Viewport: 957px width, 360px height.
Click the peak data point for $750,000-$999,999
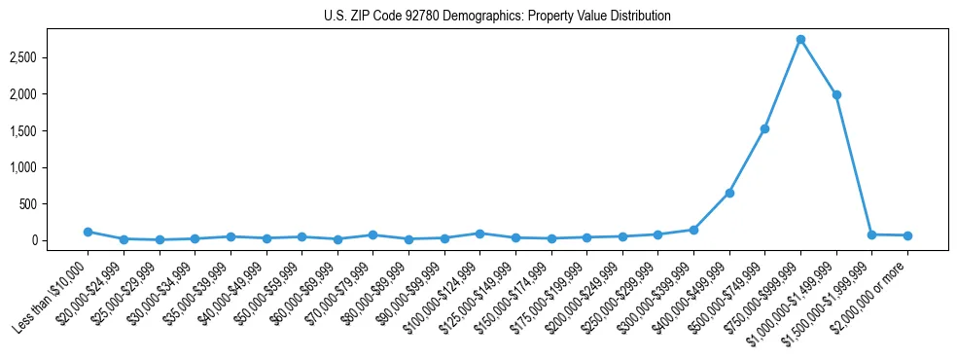point(800,40)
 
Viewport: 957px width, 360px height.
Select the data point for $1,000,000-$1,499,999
point(836,94)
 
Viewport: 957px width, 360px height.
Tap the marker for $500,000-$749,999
point(765,128)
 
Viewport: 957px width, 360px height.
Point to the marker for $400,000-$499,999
point(729,193)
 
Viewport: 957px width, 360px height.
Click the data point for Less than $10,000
point(88,232)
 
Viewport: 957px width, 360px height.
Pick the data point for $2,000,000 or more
point(907,235)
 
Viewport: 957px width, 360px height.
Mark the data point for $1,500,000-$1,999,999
point(871,234)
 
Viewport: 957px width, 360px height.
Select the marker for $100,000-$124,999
point(479,234)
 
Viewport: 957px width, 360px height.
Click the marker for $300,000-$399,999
point(693,230)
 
